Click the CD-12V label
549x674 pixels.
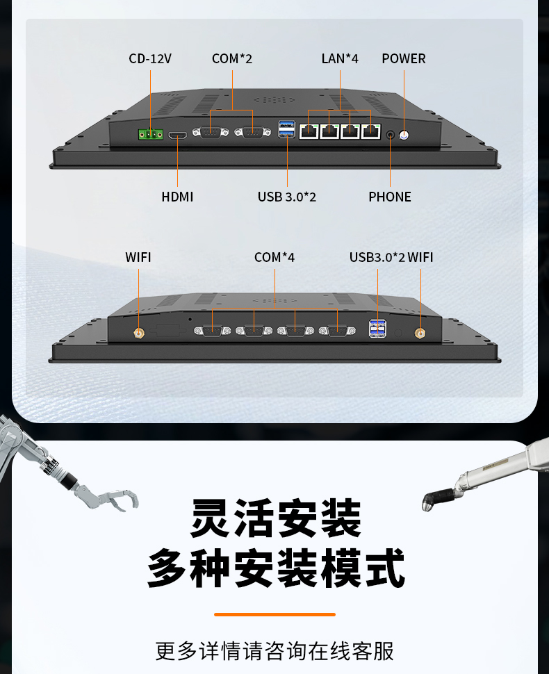click(150, 58)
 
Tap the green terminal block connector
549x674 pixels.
click(151, 135)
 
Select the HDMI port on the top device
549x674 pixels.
click(177, 135)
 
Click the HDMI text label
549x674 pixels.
click(177, 197)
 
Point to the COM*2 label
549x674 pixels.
click(232, 58)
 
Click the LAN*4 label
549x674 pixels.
click(340, 58)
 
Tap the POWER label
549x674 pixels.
click(404, 58)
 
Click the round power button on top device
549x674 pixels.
click(404, 135)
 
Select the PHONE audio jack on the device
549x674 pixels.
click(391, 135)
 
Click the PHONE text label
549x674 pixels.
click(390, 197)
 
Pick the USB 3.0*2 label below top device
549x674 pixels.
click(287, 197)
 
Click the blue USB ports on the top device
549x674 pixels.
click(287, 129)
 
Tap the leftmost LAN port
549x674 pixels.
click(309, 131)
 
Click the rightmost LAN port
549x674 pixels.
click(371, 131)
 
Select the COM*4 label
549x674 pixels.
click(274, 257)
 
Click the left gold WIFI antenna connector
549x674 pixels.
click(138, 333)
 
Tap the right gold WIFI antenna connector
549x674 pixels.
click(420, 333)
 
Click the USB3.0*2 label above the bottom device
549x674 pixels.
click(377, 257)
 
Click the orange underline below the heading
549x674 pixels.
click(274, 615)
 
